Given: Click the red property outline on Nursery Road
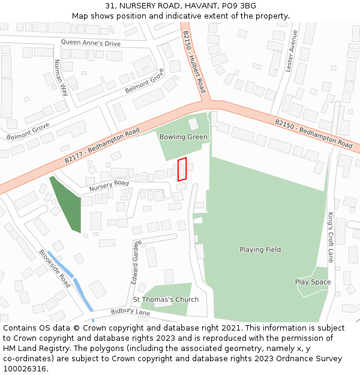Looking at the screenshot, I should (182, 169).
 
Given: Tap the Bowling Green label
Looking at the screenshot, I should (183, 137).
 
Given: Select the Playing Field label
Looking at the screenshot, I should (260, 250).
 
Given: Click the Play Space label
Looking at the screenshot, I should (313, 282).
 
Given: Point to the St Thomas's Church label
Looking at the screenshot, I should (166, 299).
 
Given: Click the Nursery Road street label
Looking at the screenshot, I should (109, 186).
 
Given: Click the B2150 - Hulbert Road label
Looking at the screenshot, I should (194, 62).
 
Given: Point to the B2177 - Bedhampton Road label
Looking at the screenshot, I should (102, 146).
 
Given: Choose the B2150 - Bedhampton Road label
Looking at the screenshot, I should (314, 134).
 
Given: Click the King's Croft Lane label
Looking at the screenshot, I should (330, 238).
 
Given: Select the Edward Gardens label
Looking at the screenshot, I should (136, 262).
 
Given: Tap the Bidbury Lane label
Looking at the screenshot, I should (130, 313).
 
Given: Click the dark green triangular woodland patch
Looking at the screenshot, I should (65, 205).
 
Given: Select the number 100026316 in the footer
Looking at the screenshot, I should (25, 368).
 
